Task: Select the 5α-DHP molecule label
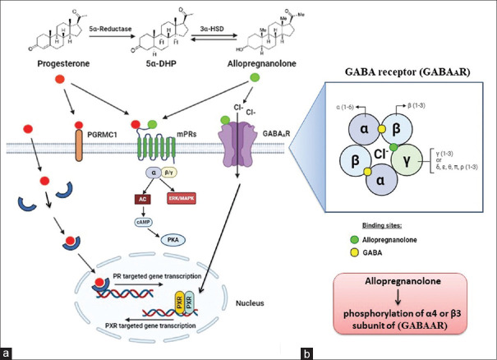[148, 60]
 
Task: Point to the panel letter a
[7, 352]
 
